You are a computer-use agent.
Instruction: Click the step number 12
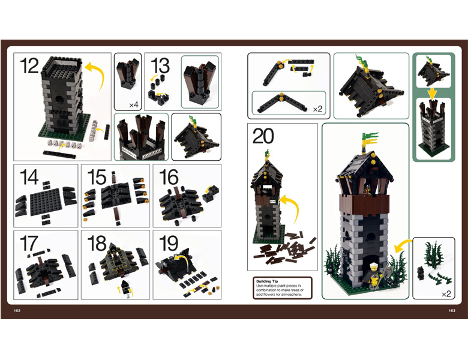coord(29,66)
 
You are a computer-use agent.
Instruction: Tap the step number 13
coord(160,65)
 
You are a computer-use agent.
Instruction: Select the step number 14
coord(29,178)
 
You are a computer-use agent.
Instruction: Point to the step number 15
coord(97,178)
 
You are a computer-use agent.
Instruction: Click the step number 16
coord(169,178)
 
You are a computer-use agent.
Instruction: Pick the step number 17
coord(29,243)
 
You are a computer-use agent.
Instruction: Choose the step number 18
coord(97,243)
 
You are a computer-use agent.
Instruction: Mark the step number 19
coord(169,243)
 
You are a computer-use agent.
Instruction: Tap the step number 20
coord(263,136)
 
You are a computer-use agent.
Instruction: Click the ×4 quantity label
coord(133,105)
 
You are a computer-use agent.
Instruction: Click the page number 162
coord(17,310)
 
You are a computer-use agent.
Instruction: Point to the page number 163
coord(452,310)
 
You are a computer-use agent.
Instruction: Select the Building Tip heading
coord(267,281)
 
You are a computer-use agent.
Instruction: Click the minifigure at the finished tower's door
coord(373,275)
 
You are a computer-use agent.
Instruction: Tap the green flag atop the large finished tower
coord(370,138)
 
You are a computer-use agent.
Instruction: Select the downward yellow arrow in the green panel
coord(433,94)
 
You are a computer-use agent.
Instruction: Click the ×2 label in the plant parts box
coord(446,294)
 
